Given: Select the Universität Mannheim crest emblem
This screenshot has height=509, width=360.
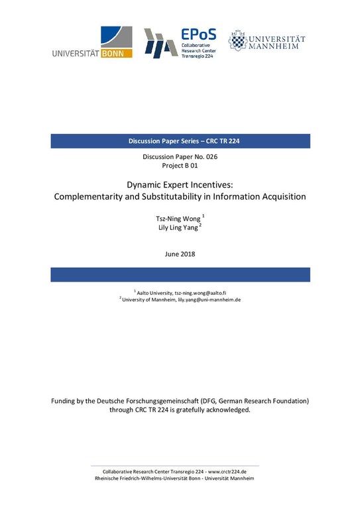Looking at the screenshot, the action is pyautogui.click(x=237, y=41).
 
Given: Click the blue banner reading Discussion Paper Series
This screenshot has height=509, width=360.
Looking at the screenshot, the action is pyautogui.click(x=180, y=141).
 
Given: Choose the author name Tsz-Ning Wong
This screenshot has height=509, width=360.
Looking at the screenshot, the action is pyautogui.click(x=176, y=218).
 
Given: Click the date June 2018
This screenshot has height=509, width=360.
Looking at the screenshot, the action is pyautogui.click(x=180, y=254).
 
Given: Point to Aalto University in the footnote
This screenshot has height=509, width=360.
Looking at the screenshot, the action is pyautogui.click(x=154, y=292).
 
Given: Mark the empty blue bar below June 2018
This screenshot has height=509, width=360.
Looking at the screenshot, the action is pyautogui.click(x=180, y=274).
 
